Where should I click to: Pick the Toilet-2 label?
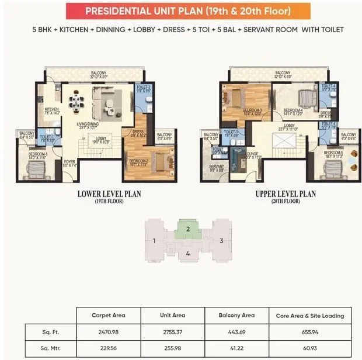click(143, 89)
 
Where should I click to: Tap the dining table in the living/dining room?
click(76, 103)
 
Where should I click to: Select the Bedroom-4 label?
click(293, 110)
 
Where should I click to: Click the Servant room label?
click(217, 168)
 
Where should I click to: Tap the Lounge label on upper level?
click(252, 155)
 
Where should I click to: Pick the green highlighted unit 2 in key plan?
click(188, 229)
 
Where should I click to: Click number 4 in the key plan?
click(187, 254)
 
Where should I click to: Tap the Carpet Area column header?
click(108, 316)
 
